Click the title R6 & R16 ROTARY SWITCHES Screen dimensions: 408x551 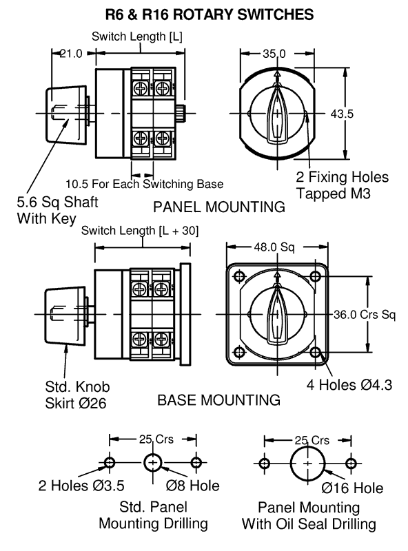pos(210,14)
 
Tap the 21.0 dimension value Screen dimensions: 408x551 pos(71,54)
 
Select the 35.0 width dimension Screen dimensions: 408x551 pos(274,54)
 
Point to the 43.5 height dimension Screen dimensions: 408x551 pos(342,114)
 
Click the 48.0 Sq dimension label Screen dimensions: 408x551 pos(274,247)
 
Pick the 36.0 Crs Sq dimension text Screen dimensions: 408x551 pos(365,315)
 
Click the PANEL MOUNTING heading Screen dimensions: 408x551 pos(219,207)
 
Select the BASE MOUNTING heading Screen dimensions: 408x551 pos(218,400)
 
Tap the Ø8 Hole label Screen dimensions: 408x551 pos(193,486)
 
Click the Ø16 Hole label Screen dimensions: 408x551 pos(352,488)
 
